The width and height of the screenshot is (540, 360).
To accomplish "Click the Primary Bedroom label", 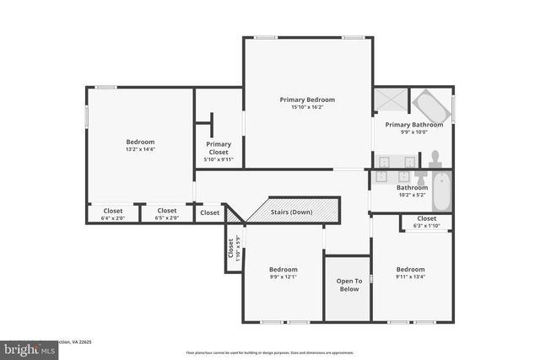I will click(x=307, y=99).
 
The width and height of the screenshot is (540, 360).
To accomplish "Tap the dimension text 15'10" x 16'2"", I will click(x=307, y=107).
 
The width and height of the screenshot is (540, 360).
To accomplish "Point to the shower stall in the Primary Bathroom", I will click(x=391, y=100).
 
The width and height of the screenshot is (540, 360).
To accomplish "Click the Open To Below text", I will click(x=348, y=285).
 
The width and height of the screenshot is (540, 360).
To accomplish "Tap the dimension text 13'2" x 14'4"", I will click(x=140, y=149).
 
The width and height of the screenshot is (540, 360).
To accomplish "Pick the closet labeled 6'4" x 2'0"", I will click(x=112, y=214).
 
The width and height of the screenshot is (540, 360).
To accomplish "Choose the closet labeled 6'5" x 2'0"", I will click(x=167, y=214).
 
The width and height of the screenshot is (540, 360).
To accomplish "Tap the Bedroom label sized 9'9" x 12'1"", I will click(x=283, y=269).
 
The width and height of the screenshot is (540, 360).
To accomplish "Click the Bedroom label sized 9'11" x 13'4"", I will click(x=410, y=269).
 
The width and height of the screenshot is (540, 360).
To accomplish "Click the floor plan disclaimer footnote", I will click(x=269, y=352).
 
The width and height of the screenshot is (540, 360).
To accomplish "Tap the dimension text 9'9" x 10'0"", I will click(x=413, y=132).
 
